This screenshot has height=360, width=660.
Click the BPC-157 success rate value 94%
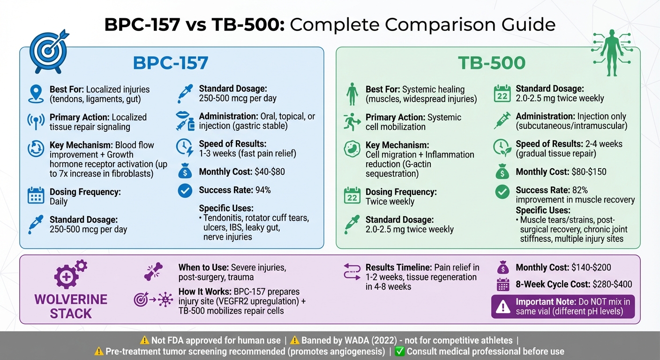(x=263, y=190)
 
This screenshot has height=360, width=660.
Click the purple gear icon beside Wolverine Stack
(x=69, y=274)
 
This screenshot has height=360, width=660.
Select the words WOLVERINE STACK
(x=71, y=306)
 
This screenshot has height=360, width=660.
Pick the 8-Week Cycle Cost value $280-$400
(x=612, y=284)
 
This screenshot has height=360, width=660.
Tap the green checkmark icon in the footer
(x=400, y=351)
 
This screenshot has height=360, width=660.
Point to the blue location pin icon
(x=36, y=93)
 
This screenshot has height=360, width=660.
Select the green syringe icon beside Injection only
(x=502, y=120)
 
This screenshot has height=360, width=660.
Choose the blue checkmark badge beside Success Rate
(x=185, y=190)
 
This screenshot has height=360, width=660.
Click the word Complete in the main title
(x=330, y=24)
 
